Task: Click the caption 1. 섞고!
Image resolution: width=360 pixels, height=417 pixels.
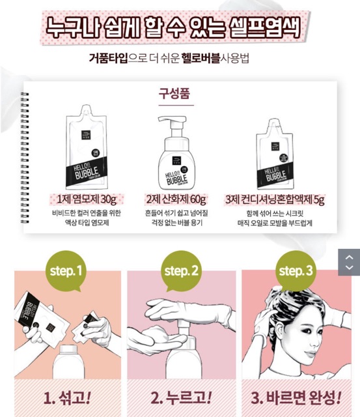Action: click(68, 397)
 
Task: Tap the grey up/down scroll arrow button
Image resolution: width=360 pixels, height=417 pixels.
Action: click(349, 261)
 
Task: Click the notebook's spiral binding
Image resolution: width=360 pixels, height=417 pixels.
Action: click(26, 156)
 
